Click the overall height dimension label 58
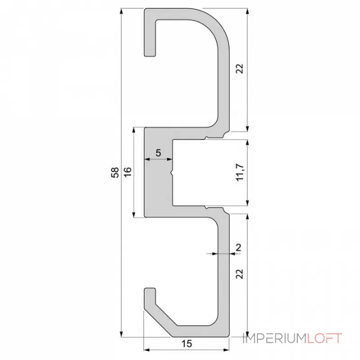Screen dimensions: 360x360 pos(116,172)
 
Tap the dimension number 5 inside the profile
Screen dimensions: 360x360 pos(158,153)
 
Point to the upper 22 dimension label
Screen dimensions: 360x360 pos(240,68)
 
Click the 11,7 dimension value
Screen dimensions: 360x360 pos(240,172)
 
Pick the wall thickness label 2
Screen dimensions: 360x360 pos(238,247)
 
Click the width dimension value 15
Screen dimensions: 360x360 pos(187,344)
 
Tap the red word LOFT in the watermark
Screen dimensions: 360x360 pos(324,338)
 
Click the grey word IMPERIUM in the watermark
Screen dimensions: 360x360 pos(274,338)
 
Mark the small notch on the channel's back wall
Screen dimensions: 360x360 pos(172,172)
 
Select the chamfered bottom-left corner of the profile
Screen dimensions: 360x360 pos(157,323)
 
